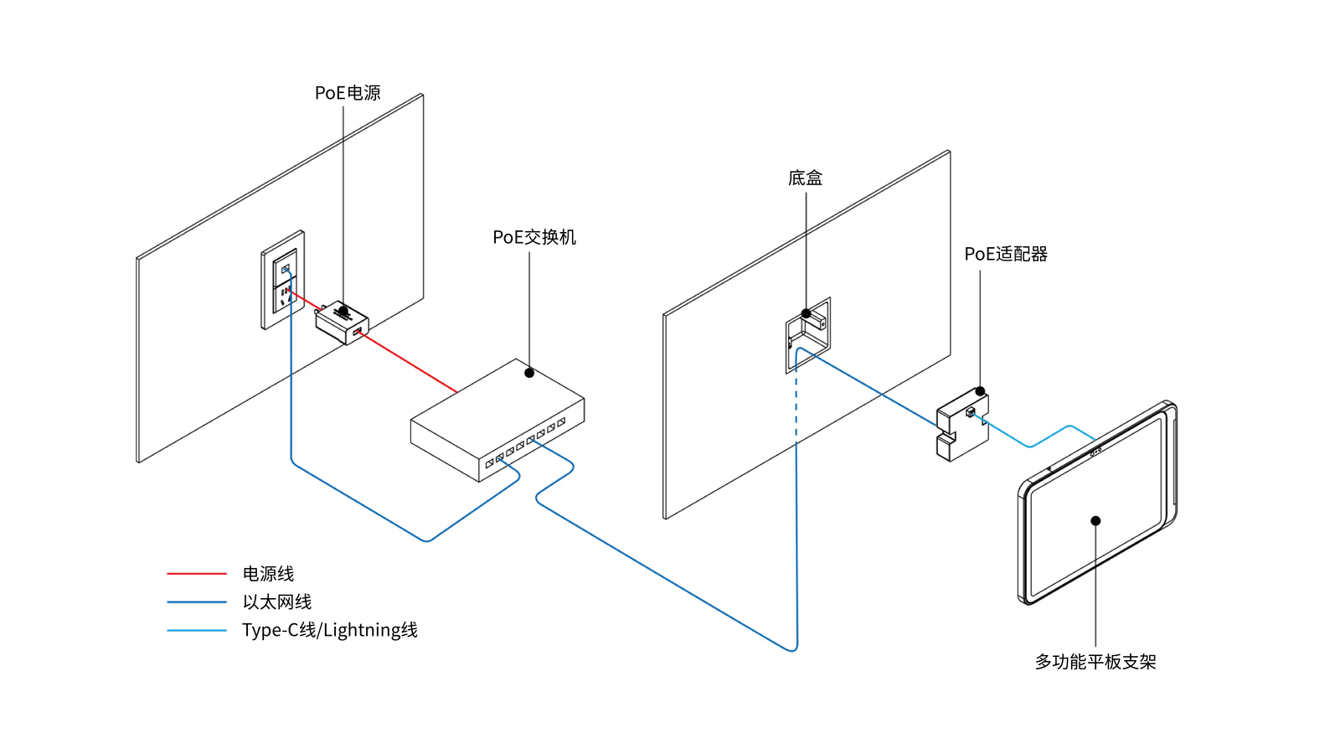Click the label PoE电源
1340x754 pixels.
pyautogui.click(x=348, y=93)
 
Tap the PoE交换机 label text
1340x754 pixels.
pyautogui.click(x=533, y=237)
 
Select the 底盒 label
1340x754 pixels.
pyautogui.click(x=805, y=178)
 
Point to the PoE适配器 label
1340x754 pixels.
pyautogui.click(x=1005, y=254)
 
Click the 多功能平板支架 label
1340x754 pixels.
pyautogui.click(x=1095, y=662)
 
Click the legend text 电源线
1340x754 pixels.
pyautogui.click(x=268, y=574)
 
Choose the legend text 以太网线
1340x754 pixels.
pyautogui.click(x=276, y=602)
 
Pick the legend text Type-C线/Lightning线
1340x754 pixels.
pyautogui.click(x=329, y=630)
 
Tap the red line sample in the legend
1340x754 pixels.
pyautogui.click(x=197, y=574)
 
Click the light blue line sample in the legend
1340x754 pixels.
pyautogui.click(x=197, y=630)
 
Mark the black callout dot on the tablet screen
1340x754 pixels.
pyautogui.click(x=1095, y=521)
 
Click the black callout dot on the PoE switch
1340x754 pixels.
pyautogui.click(x=529, y=373)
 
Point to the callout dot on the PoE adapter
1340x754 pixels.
pyautogui.click(x=980, y=391)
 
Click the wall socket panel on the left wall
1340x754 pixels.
pyautogui.click(x=282, y=280)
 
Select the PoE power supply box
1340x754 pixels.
pyautogui.click(x=341, y=323)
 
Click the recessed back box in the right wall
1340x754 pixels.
pyautogui.click(x=807, y=334)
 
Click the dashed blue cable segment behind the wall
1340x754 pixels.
pyautogui.click(x=796, y=402)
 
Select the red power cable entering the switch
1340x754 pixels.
pyautogui.click(x=410, y=364)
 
